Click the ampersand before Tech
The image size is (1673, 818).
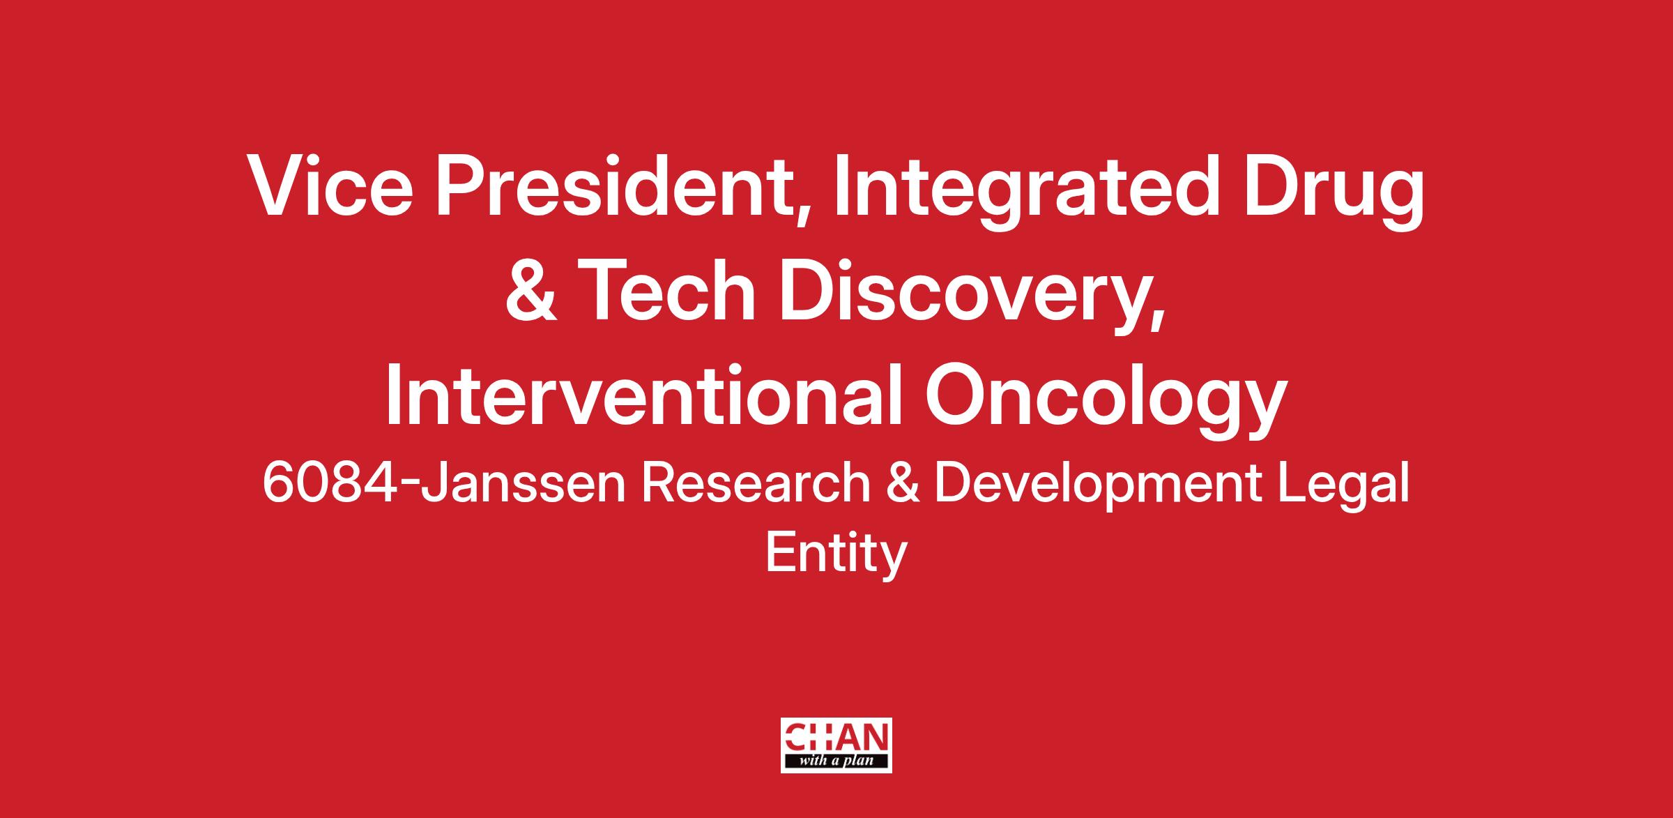click(531, 292)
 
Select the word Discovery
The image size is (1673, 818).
click(964, 298)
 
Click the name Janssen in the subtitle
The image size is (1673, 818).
click(523, 484)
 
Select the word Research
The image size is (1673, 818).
click(756, 484)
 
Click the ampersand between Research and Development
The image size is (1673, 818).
click(902, 484)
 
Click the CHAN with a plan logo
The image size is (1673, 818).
click(836, 745)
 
